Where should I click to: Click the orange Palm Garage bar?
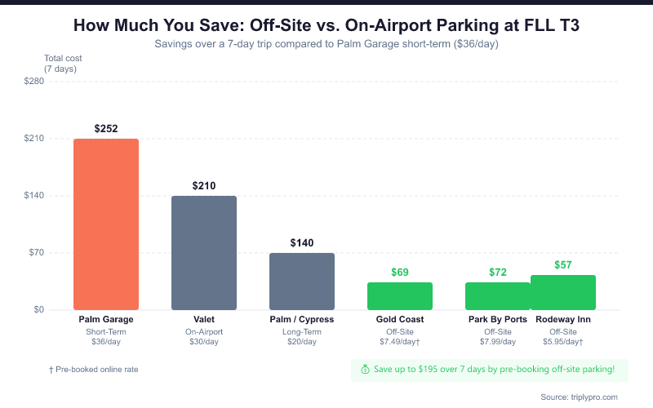pos(106,224)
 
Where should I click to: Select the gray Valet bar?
pos(204,253)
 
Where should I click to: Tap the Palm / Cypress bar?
pos(302,282)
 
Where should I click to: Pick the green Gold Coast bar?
pos(400,296)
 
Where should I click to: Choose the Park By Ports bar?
pos(498,296)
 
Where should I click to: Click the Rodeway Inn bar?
pos(563,292)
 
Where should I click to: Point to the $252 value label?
pos(106,129)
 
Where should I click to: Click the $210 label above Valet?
pos(204,186)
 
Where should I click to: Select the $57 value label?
pos(563,265)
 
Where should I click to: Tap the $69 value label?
pos(400,272)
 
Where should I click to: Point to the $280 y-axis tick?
pos(33,82)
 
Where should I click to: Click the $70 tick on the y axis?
pos(36,253)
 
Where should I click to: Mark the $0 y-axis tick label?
pos(38,310)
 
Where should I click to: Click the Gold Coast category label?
pos(400,320)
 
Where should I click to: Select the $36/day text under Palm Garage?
pos(106,341)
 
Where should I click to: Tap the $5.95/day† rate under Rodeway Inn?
pos(563,341)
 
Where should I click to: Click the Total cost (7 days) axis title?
pos(63,64)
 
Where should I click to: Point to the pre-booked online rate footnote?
pos(94,370)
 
